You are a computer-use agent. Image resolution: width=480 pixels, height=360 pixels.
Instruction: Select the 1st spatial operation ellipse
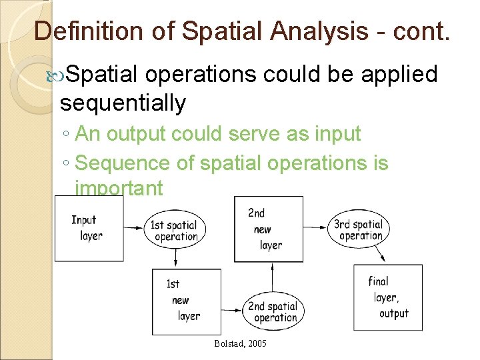click(175, 230)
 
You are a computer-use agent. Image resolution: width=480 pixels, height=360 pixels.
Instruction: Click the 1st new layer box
click(187, 301)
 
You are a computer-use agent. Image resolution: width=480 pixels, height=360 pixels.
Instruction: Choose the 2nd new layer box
click(268, 229)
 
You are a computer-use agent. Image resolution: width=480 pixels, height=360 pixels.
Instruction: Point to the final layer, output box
click(387, 297)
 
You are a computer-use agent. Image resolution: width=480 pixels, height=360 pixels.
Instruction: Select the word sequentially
click(123, 103)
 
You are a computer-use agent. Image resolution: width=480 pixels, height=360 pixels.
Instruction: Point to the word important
click(119, 188)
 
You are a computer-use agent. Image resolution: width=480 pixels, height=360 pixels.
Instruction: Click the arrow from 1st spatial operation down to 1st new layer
click(175, 257)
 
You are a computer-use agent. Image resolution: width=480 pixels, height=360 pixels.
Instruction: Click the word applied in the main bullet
click(399, 74)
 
